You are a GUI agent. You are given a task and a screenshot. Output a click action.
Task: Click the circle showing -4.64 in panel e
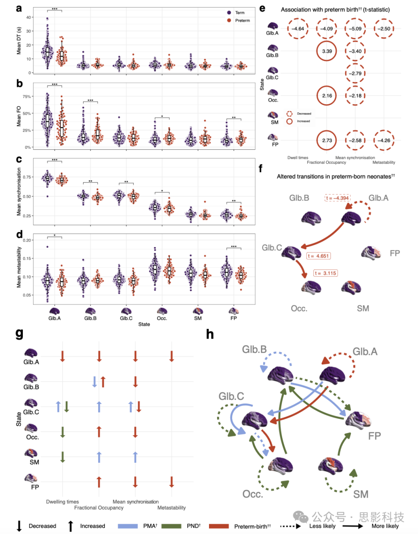(x=298, y=29)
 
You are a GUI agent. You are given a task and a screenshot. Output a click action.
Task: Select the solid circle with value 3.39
(x=327, y=51)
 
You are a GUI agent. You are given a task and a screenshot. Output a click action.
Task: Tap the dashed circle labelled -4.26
(x=384, y=140)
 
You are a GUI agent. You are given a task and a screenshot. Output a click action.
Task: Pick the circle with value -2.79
(x=355, y=73)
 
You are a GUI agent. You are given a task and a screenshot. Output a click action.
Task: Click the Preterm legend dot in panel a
(x=229, y=21)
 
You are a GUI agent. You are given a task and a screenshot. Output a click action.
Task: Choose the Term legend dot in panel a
(x=229, y=13)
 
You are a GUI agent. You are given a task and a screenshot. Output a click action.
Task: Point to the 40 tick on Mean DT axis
(x=29, y=17)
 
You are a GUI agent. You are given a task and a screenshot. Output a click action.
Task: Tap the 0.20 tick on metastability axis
(x=27, y=240)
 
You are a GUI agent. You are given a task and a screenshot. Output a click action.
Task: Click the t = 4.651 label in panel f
(x=319, y=256)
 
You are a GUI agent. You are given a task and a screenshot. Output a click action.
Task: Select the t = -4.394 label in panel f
(x=337, y=198)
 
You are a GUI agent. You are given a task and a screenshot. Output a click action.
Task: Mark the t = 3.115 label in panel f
(x=325, y=273)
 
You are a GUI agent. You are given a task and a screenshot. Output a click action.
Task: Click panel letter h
(x=210, y=334)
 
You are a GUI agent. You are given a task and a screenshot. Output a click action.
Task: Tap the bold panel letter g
(x=19, y=333)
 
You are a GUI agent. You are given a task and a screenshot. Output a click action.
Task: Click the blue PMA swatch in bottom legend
(x=128, y=526)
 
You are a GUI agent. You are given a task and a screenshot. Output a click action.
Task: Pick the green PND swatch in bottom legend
(x=171, y=526)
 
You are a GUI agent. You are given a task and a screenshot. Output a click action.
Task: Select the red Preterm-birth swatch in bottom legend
(x=219, y=526)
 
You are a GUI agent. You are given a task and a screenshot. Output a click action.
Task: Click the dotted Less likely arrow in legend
(x=290, y=526)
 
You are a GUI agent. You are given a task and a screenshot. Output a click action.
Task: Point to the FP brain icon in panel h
(x=358, y=419)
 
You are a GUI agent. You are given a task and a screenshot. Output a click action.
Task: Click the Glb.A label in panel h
(x=365, y=352)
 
